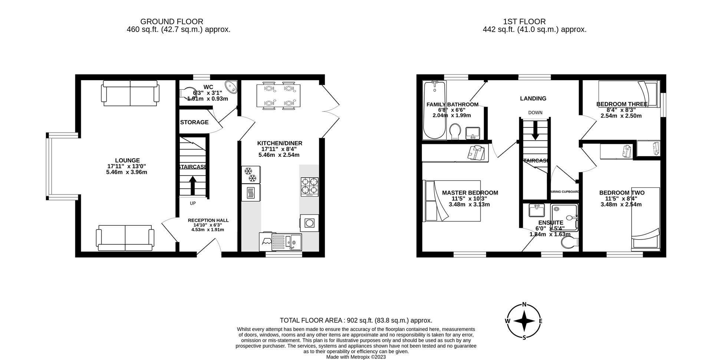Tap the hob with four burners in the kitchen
click(x=309, y=186)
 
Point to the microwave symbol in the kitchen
click(x=251, y=193)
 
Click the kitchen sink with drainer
click(x=287, y=242)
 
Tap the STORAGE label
click(x=194, y=122)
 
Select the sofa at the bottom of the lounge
click(x=125, y=238)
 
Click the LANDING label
click(x=533, y=99)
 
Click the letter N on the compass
click(x=524, y=305)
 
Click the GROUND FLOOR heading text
click(x=171, y=22)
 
